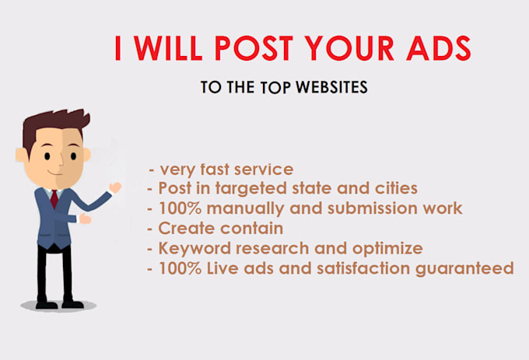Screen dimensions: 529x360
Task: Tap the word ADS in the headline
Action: click(439, 48)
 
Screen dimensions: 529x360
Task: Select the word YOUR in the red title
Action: click(349, 48)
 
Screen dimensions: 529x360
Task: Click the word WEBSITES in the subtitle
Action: click(331, 87)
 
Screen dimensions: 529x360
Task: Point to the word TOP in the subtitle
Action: click(275, 88)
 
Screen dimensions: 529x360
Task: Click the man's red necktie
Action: click(54, 199)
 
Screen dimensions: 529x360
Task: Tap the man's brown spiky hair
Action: click(56, 124)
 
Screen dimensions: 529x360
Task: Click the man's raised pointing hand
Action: click(115, 187)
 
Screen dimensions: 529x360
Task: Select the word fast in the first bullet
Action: click(215, 169)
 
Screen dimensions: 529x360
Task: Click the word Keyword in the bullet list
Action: click(194, 250)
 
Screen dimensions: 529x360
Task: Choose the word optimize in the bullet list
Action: click(387, 250)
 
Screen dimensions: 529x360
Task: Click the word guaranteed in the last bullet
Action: click(464, 269)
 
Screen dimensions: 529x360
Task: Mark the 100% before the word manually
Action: click(180, 208)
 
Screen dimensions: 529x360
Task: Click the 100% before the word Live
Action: click(180, 268)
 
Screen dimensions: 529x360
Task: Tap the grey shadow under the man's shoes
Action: click(58, 306)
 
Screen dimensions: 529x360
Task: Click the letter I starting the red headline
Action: click(117, 48)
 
